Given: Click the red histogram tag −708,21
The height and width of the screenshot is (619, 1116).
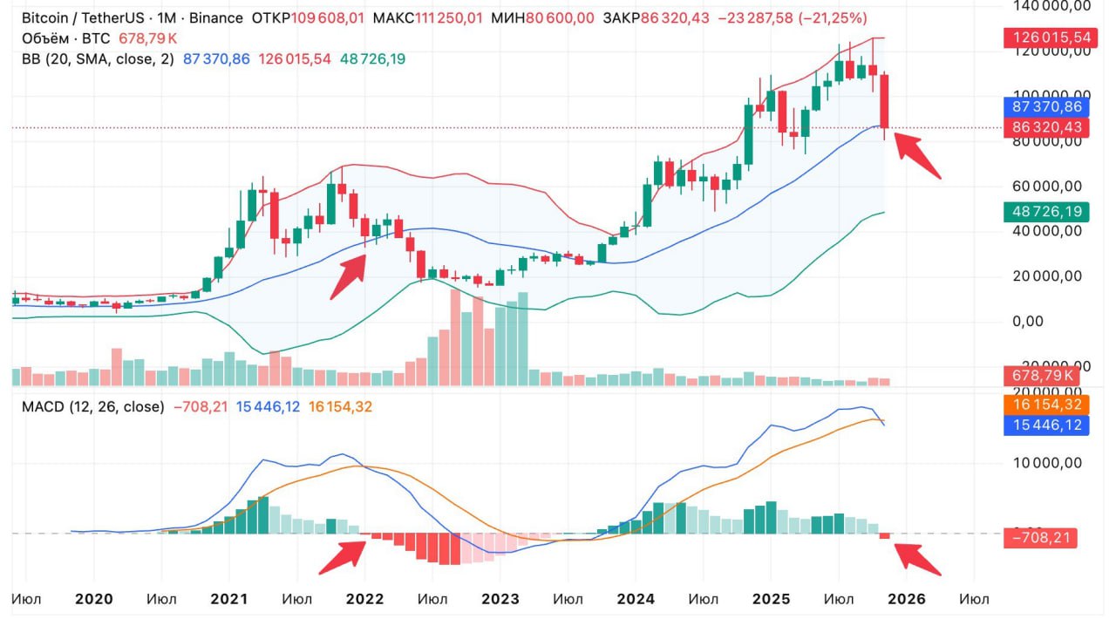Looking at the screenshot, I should click(x=1041, y=538).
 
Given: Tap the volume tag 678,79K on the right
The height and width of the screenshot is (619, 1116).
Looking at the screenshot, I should click(x=1041, y=375).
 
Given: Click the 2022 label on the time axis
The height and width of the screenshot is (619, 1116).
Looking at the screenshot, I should click(x=364, y=599).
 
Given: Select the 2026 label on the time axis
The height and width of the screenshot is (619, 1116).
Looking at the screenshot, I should click(x=906, y=599).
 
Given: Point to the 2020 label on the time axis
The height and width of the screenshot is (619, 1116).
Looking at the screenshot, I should click(x=94, y=599).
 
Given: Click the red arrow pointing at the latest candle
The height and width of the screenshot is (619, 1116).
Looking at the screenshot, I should click(x=917, y=155).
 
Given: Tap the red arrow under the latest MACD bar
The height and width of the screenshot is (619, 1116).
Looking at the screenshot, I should click(x=918, y=559).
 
